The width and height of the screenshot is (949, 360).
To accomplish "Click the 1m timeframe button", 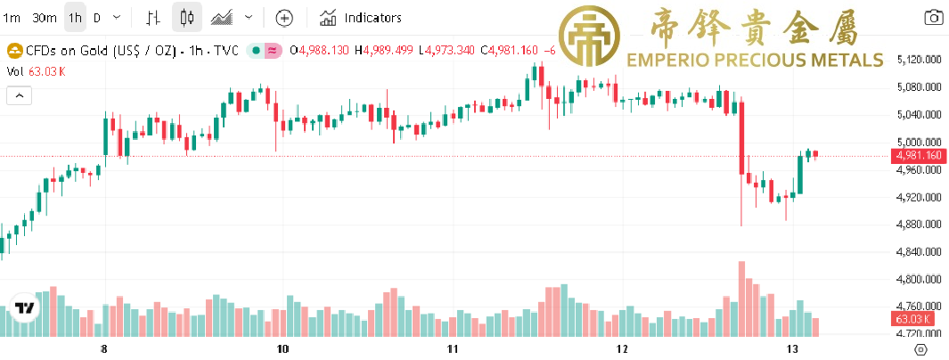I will pyautogui.click(x=12, y=18).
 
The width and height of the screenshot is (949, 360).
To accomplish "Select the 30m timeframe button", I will pyautogui.click(x=44, y=18).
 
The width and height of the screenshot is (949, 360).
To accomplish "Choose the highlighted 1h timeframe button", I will pyautogui.click(x=75, y=18).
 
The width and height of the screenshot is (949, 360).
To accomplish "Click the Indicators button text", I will pyautogui.click(x=372, y=18).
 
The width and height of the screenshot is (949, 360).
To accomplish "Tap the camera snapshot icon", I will pyautogui.click(x=934, y=18).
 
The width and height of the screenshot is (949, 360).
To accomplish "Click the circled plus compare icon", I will pyautogui.click(x=283, y=18).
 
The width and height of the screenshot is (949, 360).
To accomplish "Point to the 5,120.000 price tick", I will pyautogui.click(x=920, y=60).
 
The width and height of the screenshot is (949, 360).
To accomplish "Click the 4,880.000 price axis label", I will pyautogui.click(x=920, y=225).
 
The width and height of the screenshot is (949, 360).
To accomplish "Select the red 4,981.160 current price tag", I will pyautogui.click(x=919, y=156).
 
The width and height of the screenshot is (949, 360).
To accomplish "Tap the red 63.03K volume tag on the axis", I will pyautogui.click(x=912, y=319).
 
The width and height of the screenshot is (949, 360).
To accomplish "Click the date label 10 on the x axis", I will pyautogui.click(x=282, y=348).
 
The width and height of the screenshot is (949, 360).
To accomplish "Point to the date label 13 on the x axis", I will pyautogui.click(x=792, y=348).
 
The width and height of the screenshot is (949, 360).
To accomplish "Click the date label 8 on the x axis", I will pyautogui.click(x=105, y=348).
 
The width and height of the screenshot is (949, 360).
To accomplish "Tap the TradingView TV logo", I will pyautogui.click(x=26, y=308).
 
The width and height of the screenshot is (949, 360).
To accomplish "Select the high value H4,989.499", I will pyautogui.click(x=384, y=50).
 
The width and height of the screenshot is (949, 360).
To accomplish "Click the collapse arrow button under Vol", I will pyautogui.click(x=18, y=95).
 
